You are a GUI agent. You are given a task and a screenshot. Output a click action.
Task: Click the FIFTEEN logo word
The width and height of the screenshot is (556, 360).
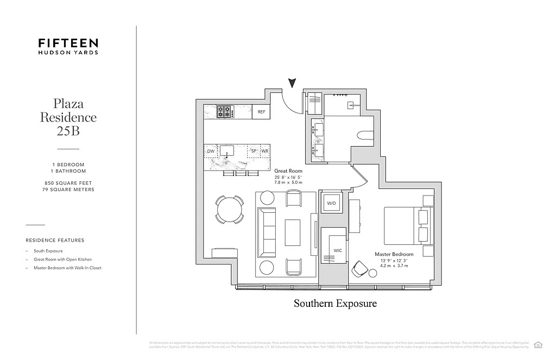coord(68,42)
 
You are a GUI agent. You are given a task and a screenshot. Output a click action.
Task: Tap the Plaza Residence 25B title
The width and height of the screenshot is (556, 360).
coord(68,117)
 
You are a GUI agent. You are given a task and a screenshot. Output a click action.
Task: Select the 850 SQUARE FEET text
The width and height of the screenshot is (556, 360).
coord(68,183)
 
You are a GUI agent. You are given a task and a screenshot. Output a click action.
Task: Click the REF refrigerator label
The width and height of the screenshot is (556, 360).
coord(261,112)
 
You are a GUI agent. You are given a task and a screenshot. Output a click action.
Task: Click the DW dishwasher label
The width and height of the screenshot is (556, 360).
coord(211,151)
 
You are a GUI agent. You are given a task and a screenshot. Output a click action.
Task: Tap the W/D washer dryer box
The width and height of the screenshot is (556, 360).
coord(331,203)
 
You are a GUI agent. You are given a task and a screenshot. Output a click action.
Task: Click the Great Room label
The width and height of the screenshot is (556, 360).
coord(288,171)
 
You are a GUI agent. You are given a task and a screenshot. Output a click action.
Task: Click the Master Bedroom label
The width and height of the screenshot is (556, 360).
coord(394,254)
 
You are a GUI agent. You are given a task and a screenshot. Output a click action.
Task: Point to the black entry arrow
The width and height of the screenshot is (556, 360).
coord(292,83)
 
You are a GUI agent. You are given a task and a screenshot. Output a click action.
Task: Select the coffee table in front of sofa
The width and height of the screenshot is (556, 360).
coord(293,232)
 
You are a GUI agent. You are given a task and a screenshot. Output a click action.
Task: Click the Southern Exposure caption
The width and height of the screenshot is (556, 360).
coord(335,303)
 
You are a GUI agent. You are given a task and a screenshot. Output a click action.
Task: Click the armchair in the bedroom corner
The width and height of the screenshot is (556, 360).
coord(359,268)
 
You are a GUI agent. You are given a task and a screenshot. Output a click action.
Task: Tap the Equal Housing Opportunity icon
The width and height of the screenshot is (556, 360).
coord(539,344)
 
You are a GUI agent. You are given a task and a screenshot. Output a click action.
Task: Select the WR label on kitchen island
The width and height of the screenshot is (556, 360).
coord(266,151)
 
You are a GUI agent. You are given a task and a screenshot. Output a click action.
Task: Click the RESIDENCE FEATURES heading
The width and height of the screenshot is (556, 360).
coord(55,240)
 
